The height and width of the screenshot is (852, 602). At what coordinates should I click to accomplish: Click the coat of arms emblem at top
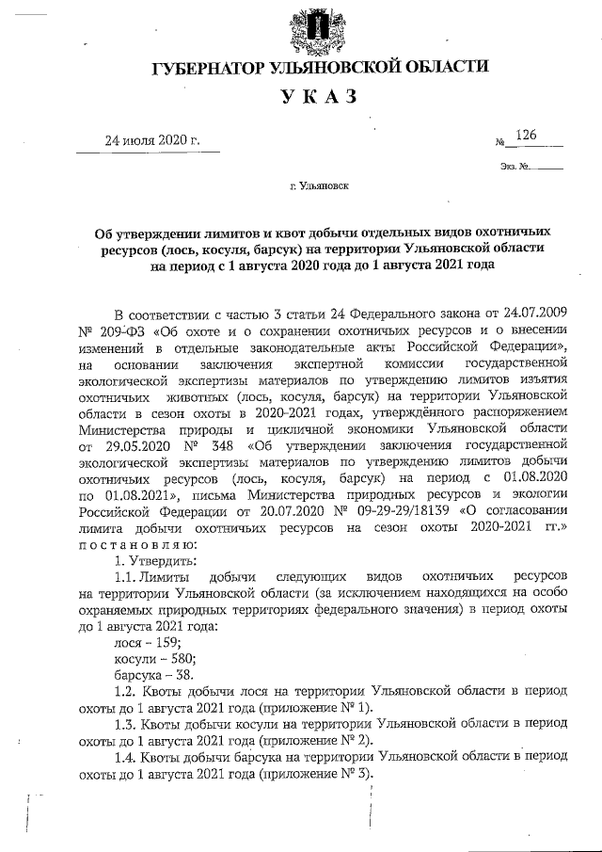322,31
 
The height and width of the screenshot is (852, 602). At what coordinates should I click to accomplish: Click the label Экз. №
518,167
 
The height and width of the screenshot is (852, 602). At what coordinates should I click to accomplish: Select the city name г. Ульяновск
320,186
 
